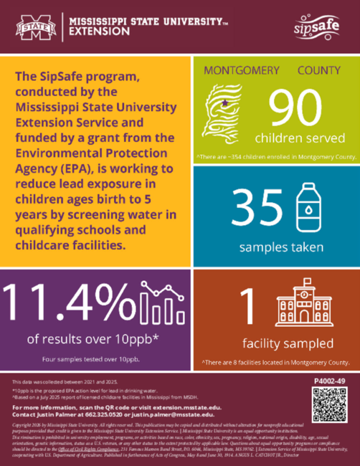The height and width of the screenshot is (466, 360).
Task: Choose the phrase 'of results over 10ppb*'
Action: click(x=95, y=338)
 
